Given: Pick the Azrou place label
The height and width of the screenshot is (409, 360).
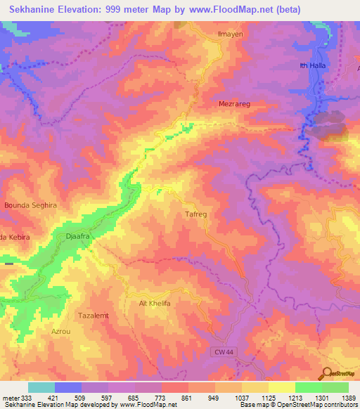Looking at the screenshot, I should pyautogui.click(x=61, y=330).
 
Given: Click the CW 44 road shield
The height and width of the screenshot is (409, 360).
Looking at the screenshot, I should pyautogui.click(x=224, y=350).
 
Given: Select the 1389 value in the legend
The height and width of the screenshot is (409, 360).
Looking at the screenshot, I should pyautogui.click(x=348, y=398).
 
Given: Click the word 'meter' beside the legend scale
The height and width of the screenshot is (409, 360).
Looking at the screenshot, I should pyautogui.click(x=11, y=398).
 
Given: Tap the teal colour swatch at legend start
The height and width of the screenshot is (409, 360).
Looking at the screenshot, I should pyautogui.click(x=41, y=387).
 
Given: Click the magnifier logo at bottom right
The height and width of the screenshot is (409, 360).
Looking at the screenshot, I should pyautogui.click(x=326, y=374).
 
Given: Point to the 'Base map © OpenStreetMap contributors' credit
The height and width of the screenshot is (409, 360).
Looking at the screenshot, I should pyautogui.click(x=298, y=405).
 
